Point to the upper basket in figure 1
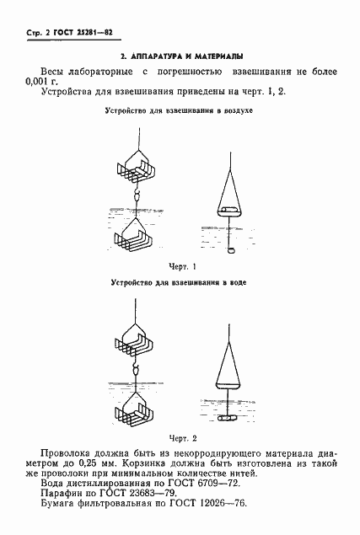click(134, 169)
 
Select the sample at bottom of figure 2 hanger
click(228, 419)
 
